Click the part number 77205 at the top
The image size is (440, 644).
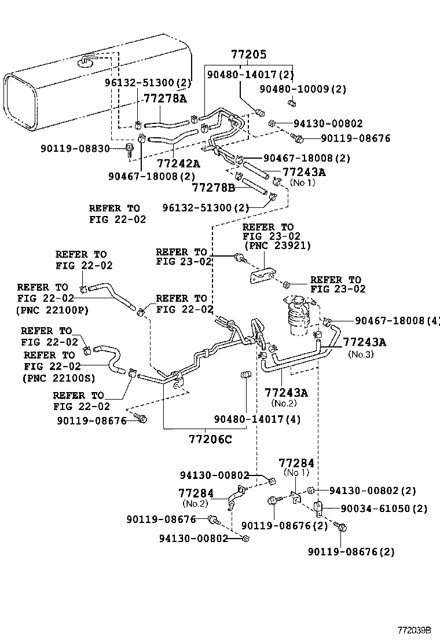248,55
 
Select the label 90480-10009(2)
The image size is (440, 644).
302,89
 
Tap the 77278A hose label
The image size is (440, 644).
165,98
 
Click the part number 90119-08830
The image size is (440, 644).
75,149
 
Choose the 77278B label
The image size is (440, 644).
214,188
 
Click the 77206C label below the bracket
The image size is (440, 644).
210,438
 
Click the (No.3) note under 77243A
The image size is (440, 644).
360,354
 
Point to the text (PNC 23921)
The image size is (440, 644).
277,246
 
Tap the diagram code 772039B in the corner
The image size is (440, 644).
414,630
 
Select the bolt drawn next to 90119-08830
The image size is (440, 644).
130,151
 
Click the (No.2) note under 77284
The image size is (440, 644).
196,503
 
